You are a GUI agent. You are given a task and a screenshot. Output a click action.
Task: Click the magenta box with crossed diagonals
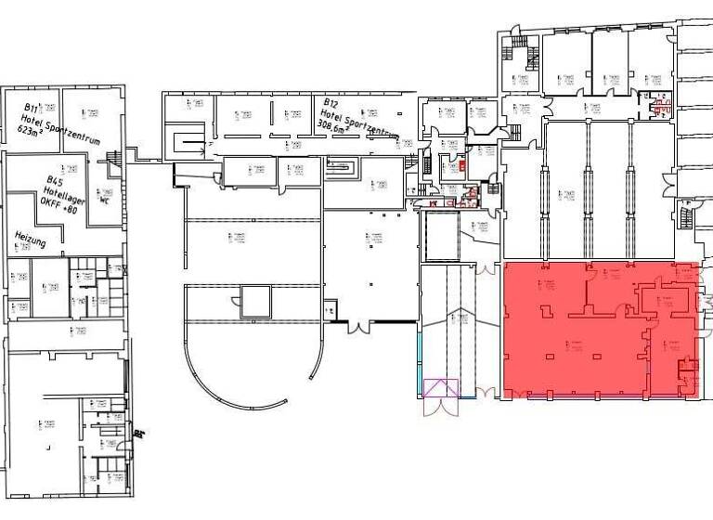click(441, 387)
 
